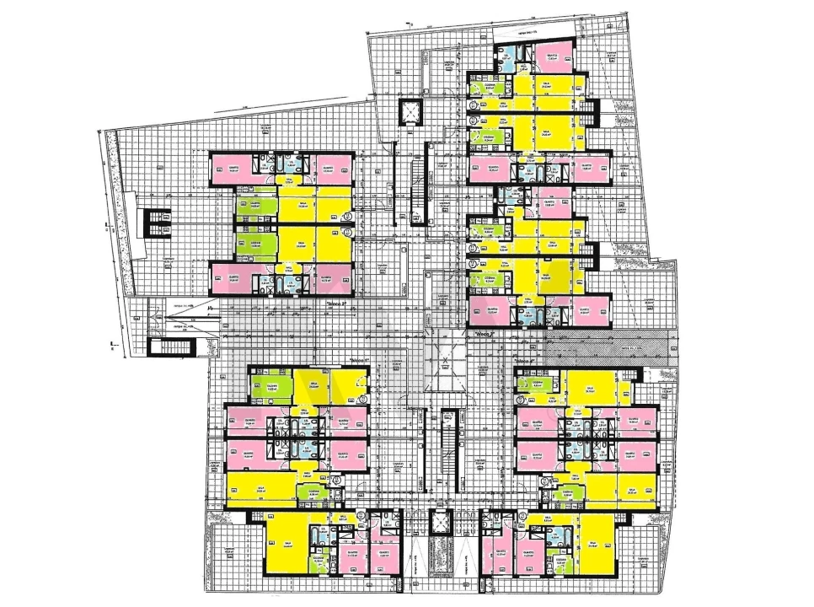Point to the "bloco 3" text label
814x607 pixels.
pos(487,334)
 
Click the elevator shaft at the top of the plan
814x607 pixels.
pos(411,112)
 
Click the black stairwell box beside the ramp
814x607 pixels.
pos(158,346)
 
